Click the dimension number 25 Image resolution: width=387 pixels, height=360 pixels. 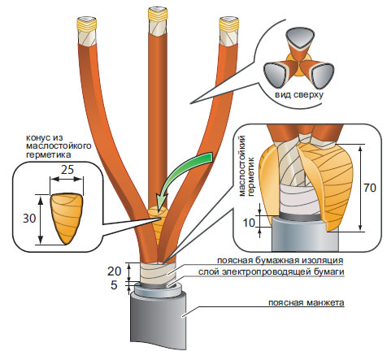coord(67,170)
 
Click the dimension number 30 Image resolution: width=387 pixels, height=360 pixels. coord(29,219)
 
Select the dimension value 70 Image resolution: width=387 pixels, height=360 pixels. coord(370,188)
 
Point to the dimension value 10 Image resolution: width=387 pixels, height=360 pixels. coord(249,223)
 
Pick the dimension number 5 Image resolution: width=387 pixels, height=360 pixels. coord(114,285)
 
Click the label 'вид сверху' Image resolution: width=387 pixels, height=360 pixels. coord(299,95)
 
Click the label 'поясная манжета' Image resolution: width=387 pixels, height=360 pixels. coord(307,302)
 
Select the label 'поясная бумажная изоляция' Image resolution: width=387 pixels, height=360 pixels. coord(280,261)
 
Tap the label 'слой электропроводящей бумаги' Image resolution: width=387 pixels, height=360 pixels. coord(271,271)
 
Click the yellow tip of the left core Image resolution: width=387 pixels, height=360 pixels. coord(87,24)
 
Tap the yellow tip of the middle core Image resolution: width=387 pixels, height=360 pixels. coord(159,15)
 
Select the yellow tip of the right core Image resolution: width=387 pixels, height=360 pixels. coord(229,24)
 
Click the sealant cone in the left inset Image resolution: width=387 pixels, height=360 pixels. coord(67,217)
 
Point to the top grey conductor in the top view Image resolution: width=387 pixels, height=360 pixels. coord(301,37)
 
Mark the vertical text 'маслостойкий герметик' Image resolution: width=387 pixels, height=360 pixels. coord(246,166)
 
